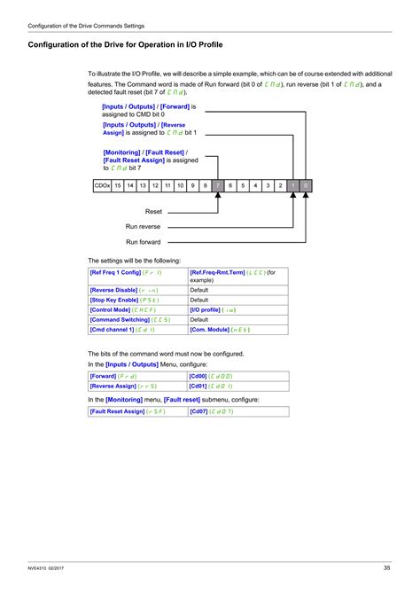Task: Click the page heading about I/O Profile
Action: coord(125,43)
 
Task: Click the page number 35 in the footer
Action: coord(387,567)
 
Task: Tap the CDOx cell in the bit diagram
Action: coord(102,186)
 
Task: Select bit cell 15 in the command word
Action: coord(118,186)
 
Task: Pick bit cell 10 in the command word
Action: coord(180,186)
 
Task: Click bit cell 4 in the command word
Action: coord(255,186)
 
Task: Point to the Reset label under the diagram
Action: coord(153,212)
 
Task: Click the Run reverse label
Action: coord(143,227)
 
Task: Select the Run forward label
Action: coord(143,241)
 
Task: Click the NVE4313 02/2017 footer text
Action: coord(48,567)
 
